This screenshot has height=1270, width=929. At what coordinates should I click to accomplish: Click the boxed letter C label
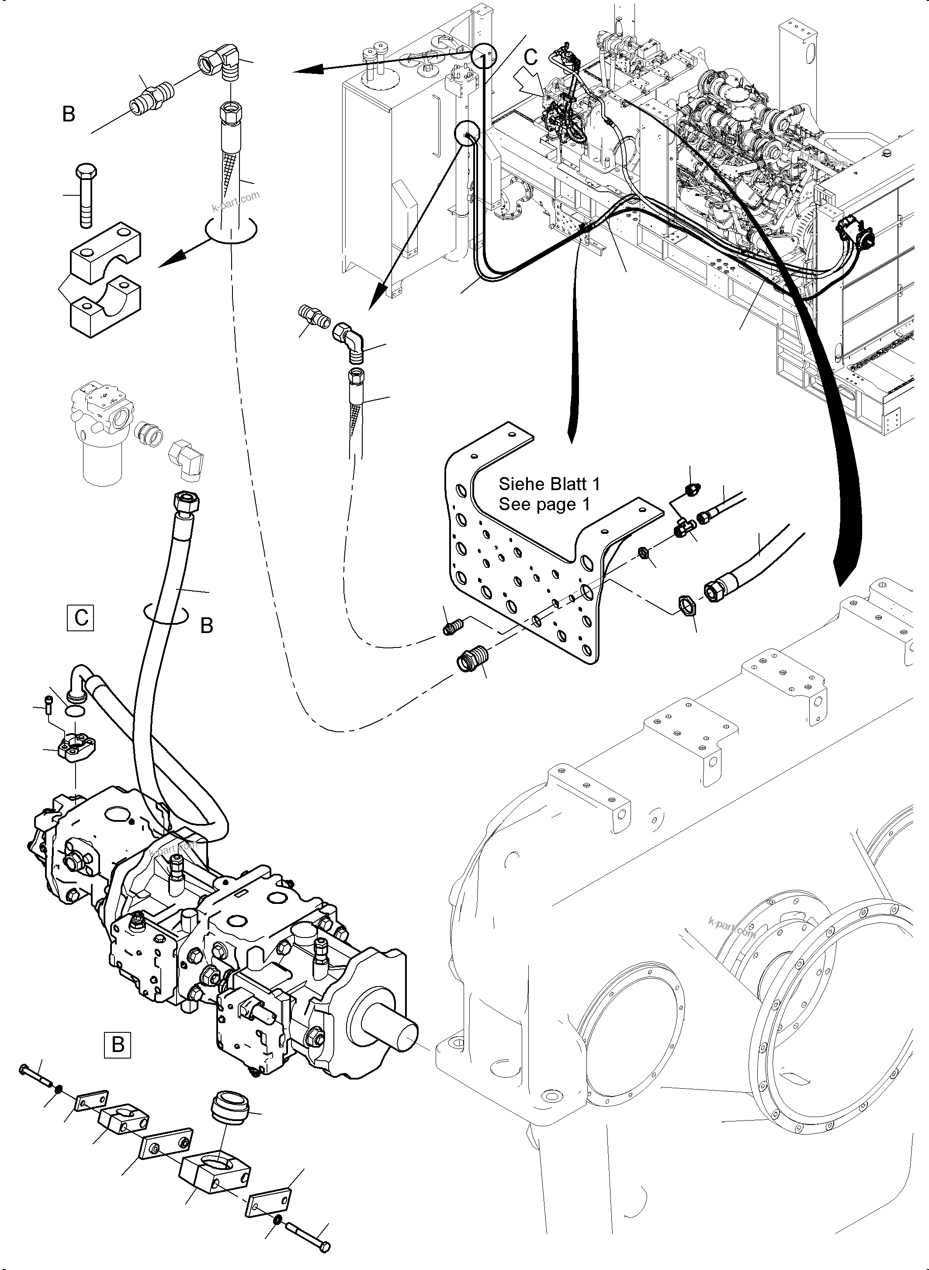pyautogui.click(x=80, y=617)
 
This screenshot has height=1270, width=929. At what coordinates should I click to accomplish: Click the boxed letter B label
pyautogui.click(x=118, y=1044)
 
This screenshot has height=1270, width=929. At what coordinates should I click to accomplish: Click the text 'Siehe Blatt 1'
pyautogui.click(x=549, y=484)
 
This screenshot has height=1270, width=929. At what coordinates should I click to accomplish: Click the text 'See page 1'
pyautogui.click(x=544, y=504)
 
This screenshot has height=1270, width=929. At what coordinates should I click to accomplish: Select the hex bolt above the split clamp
pyautogui.click(x=86, y=194)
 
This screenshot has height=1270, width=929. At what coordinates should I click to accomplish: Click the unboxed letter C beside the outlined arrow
pyautogui.click(x=530, y=57)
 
